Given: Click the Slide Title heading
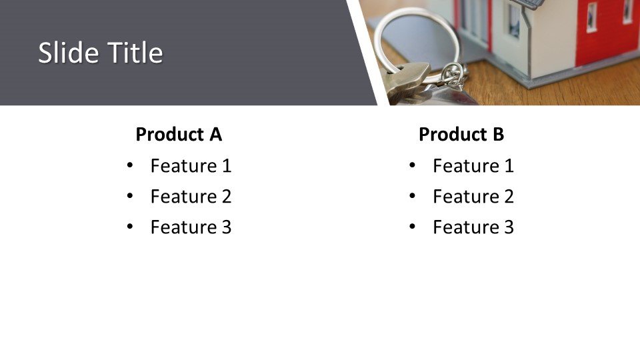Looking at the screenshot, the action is [x=101, y=53].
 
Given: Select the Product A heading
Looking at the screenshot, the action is [x=179, y=134].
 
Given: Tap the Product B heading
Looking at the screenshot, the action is [x=461, y=134].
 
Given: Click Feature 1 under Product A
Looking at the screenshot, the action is [x=191, y=166].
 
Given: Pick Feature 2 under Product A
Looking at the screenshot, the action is [x=191, y=196].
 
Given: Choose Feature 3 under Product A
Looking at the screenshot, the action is [x=191, y=227].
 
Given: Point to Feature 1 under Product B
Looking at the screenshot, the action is [x=473, y=166].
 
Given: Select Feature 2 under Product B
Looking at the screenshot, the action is [x=473, y=196].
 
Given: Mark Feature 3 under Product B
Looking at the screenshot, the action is [x=473, y=227].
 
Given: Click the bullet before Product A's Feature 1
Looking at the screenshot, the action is [x=130, y=165].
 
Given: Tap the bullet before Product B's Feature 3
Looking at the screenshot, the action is [x=412, y=227].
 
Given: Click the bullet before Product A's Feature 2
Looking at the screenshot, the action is [x=130, y=196].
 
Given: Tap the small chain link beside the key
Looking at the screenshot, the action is [x=454, y=75].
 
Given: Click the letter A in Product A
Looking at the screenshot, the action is [x=215, y=134].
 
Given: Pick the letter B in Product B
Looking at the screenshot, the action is [x=499, y=134].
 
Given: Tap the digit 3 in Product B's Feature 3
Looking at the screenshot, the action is [x=509, y=227].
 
